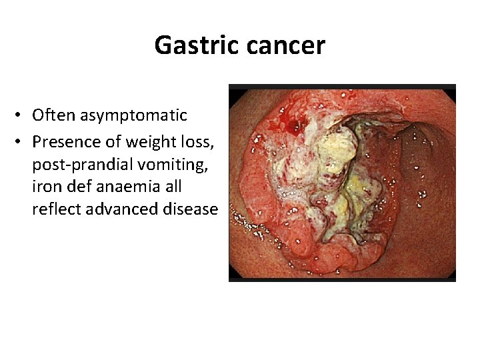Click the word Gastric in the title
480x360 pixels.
click(197, 45)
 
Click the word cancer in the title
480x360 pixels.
click(285, 45)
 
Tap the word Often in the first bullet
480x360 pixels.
click(54, 115)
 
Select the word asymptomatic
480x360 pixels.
click(134, 115)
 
